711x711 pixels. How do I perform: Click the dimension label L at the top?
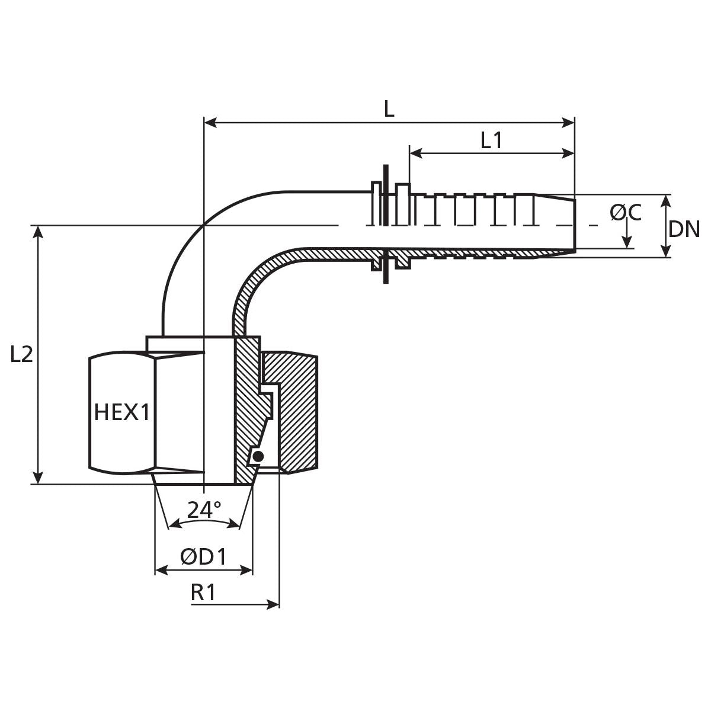(389, 108)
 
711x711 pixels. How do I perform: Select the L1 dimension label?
(491, 140)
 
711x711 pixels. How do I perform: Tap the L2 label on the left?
(21, 354)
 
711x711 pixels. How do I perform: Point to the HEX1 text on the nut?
(122, 412)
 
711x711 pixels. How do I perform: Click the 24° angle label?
(204, 510)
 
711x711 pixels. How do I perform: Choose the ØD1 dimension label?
(203, 556)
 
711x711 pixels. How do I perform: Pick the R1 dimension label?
(203, 592)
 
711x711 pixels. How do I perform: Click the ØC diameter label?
(626, 212)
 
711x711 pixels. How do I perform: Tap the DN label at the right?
(684, 229)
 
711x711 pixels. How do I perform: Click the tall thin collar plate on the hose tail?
(386, 225)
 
